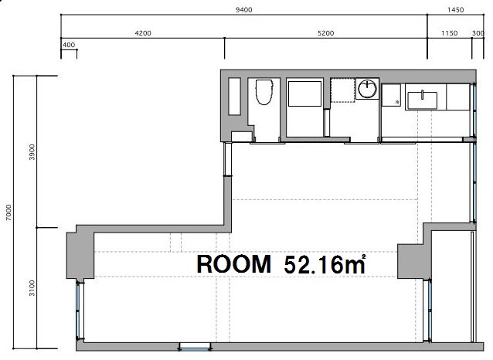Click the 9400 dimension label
(x=244, y=10)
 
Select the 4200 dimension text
(x=143, y=33)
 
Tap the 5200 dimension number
(x=326, y=33)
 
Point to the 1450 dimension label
(x=456, y=10)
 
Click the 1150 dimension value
(x=449, y=33)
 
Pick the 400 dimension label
(x=69, y=45)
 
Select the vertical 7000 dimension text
(x=8, y=212)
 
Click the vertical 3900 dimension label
(x=32, y=152)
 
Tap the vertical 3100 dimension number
(x=32, y=288)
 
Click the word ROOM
(x=233, y=264)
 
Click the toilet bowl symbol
(x=263, y=92)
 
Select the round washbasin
(x=367, y=89)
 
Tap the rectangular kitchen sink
(x=422, y=100)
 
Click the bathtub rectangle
(x=304, y=93)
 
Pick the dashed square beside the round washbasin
(x=343, y=90)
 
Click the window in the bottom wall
(x=195, y=347)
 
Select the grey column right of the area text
(x=410, y=261)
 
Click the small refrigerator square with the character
(x=391, y=95)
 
